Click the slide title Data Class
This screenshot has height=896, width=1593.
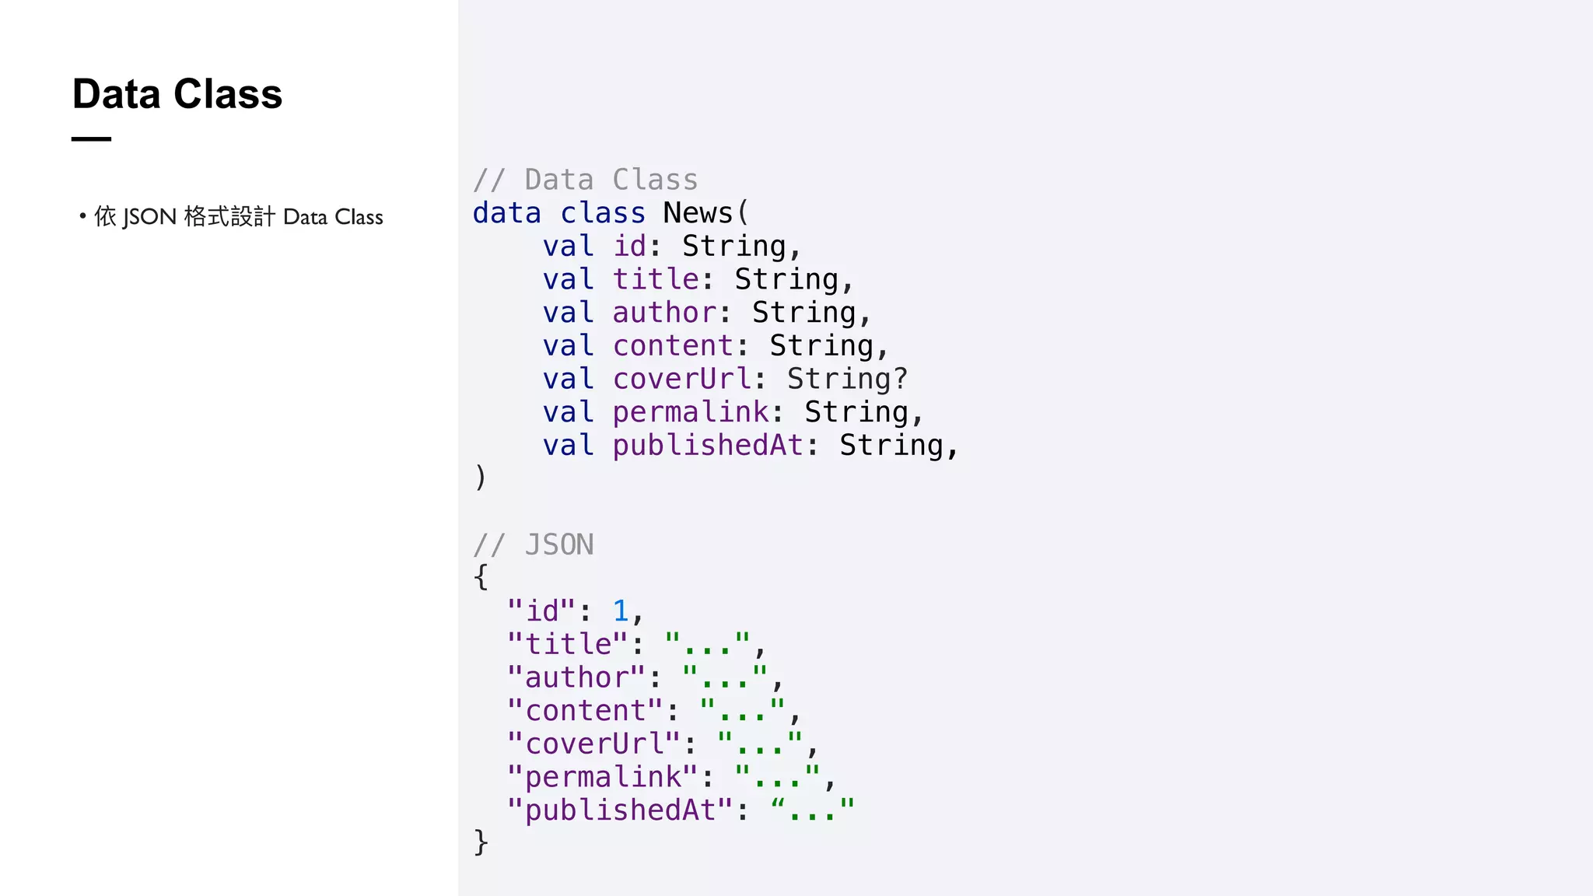click(177, 94)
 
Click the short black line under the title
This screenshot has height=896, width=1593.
click(91, 139)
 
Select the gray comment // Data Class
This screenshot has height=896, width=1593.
click(585, 180)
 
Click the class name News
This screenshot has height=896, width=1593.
click(698, 213)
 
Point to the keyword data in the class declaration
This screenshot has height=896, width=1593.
click(506, 213)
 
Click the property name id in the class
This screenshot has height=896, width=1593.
click(629, 247)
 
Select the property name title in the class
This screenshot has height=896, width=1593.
click(656, 279)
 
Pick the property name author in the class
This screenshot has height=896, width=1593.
click(664, 313)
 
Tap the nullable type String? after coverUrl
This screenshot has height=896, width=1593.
click(847, 379)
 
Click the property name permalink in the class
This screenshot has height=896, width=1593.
click(690, 412)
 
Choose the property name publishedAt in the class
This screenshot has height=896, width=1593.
click(708, 446)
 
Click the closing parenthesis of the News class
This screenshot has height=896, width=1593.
click(480, 477)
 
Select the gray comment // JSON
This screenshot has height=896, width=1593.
click(534, 544)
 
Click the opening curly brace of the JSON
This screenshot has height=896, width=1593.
click(481, 577)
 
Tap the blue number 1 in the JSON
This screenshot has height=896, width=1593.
click(620, 611)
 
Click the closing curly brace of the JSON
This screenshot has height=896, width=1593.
click(481, 842)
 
